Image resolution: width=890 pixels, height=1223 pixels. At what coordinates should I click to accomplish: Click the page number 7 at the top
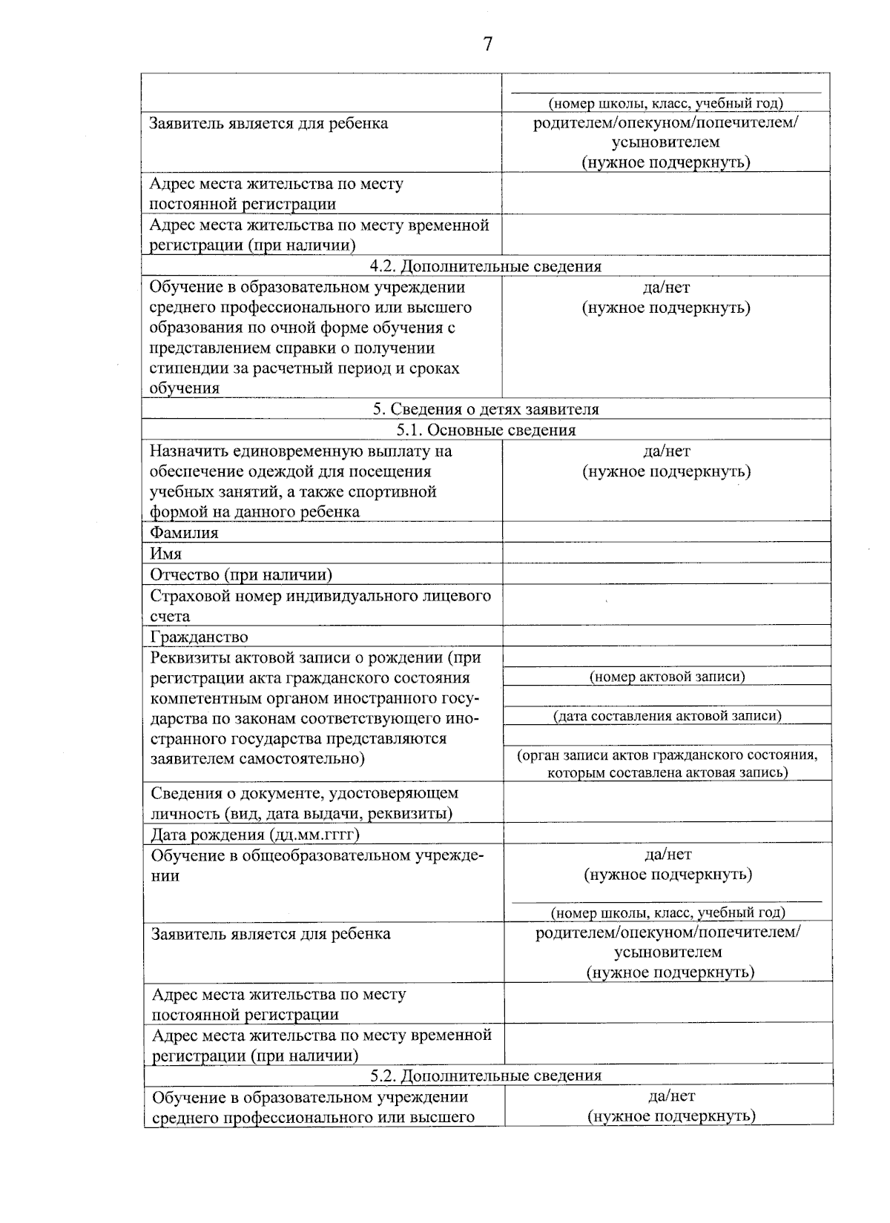click(x=487, y=44)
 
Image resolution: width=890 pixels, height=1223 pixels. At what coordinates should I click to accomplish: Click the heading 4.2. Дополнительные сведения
click(x=486, y=266)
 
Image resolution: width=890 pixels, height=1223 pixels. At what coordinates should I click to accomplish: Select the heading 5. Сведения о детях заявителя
click(x=486, y=409)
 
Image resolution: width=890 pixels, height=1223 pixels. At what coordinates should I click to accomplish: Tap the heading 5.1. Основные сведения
click(x=486, y=430)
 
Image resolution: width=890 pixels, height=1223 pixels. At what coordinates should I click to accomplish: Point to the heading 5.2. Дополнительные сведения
click(x=486, y=1075)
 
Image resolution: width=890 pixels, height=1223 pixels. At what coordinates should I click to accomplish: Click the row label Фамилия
click(x=184, y=532)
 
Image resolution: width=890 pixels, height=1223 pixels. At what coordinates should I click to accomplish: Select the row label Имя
click(x=165, y=554)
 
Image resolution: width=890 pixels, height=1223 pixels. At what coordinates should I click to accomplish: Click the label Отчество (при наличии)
click(x=241, y=574)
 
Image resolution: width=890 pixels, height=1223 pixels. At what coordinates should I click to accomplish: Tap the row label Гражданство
click(x=199, y=637)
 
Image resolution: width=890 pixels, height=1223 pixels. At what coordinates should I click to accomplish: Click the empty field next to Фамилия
click(x=666, y=532)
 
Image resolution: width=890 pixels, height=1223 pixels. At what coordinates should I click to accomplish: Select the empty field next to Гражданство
click(x=666, y=637)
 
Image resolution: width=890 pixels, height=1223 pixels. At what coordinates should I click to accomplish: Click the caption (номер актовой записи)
click(x=667, y=677)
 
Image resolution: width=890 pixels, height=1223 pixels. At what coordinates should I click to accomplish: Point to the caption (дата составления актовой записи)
click(x=667, y=716)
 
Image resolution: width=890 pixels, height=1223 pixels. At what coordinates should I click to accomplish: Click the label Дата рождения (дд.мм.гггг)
click(x=255, y=835)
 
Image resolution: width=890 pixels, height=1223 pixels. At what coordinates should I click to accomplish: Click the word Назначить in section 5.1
click(x=187, y=451)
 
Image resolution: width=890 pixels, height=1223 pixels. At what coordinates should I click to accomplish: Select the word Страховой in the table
click(x=185, y=596)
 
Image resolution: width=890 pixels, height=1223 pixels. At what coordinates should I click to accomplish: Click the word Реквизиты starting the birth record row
click(x=187, y=657)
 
